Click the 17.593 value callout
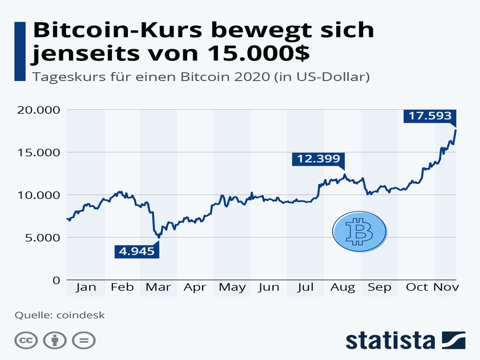429,116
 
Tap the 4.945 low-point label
136,251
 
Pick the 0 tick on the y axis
56,280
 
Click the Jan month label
86,287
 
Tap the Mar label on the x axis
158,287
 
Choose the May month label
232,287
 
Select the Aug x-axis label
343,287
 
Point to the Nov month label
446,287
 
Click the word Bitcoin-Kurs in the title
117,30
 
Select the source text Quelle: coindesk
60,315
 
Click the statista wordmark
390,340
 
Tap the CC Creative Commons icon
26,340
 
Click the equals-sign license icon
84,340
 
